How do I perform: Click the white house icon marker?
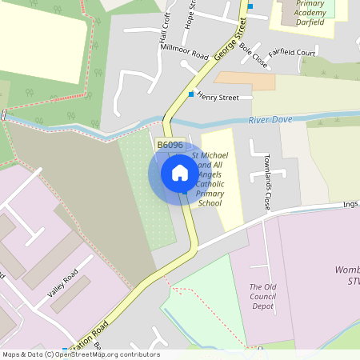click(180, 173)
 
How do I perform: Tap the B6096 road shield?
click(170, 145)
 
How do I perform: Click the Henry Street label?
click(218, 98)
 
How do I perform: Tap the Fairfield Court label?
click(292, 53)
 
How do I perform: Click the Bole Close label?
click(253, 54)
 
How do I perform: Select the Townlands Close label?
click(268, 182)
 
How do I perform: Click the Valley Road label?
click(62, 283)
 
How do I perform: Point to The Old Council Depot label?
click(262, 296)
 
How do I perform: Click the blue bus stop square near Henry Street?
click(190, 94)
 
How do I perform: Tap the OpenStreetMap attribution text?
click(82, 354)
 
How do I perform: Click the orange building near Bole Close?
click(244, 81)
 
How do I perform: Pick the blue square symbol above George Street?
click(250, 6)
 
